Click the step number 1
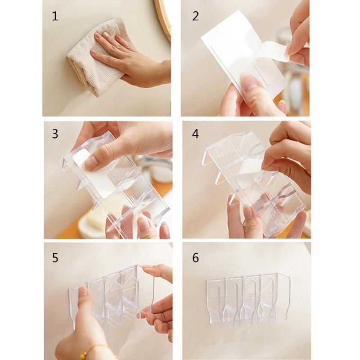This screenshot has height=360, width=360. pos(55,17)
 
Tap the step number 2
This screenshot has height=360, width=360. pos(195,16)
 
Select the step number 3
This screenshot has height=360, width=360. pos(55,134)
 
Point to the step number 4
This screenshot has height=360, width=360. pos(195,134)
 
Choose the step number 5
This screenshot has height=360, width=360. pos(55,257)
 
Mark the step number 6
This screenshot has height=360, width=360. pos(195,258)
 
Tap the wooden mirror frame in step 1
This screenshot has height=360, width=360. pos(163,18)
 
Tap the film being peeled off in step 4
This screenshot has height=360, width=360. pos(252,173)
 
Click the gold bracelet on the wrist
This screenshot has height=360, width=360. pos(97,350)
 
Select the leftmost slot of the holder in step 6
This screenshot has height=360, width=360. pos(216,299)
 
